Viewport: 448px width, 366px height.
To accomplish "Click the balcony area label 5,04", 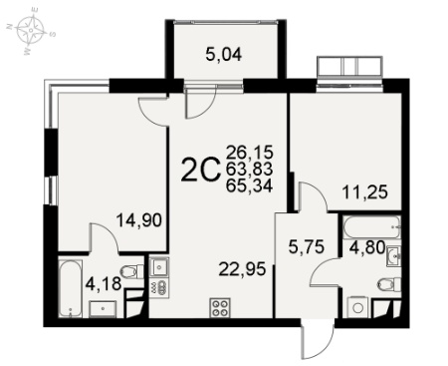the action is point(224,55).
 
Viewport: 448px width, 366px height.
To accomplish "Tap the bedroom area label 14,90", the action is point(139,220).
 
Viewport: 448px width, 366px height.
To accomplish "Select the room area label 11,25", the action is point(365,192).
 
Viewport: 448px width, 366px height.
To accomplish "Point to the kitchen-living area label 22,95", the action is point(242,269).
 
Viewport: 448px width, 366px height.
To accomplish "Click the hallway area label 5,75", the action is point(307,247).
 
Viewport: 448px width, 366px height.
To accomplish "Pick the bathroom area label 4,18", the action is point(104,285).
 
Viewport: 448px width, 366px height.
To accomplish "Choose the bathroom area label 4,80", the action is point(367,247).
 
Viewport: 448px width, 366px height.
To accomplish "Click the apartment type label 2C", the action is point(201,171).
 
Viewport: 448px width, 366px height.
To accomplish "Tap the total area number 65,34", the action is point(249,185).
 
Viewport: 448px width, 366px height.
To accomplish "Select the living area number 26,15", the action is point(249,153).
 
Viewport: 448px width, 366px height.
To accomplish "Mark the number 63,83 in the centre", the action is point(249,169).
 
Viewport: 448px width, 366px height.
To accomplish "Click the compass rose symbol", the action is point(30,30).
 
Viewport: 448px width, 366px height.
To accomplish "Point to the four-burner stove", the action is point(220,307).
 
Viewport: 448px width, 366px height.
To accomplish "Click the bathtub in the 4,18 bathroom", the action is point(70,288).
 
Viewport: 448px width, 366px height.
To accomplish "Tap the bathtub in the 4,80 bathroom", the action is point(372,227).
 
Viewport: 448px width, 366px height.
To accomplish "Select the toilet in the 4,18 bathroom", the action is point(132,271).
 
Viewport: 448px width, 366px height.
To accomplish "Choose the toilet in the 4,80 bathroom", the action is point(389,284).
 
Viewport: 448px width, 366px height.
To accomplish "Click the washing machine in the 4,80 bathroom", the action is point(358,307).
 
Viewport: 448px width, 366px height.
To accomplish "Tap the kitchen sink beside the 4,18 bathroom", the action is point(159,267).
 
